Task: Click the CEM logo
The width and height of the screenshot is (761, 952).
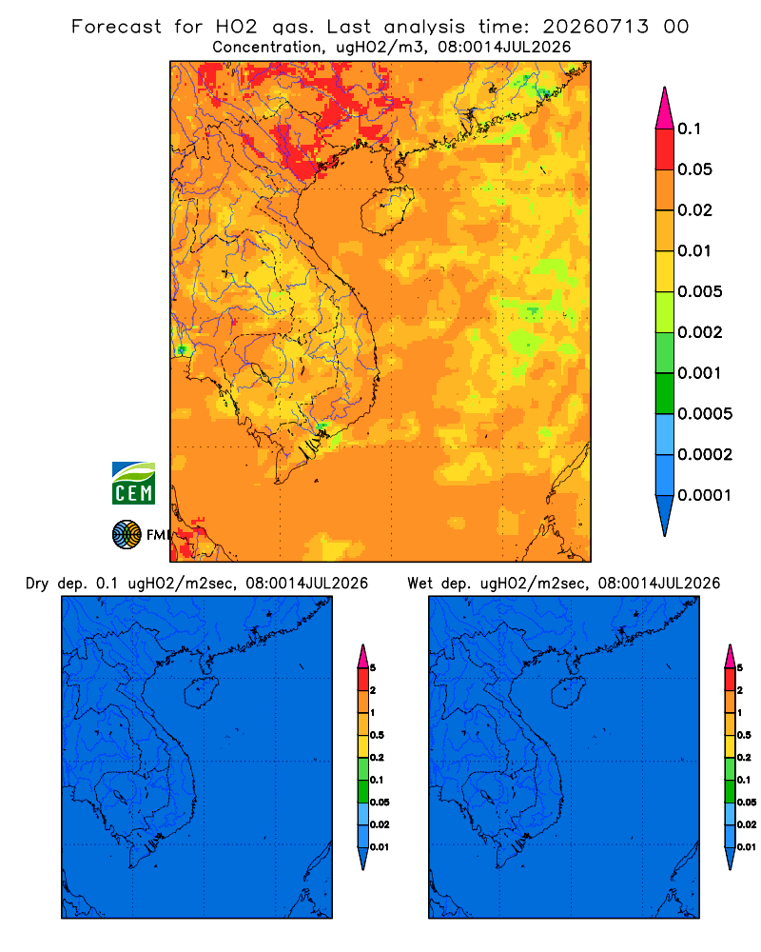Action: click(133, 483)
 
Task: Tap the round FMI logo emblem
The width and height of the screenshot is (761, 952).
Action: click(127, 534)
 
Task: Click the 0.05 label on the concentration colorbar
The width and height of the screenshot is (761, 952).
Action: click(694, 169)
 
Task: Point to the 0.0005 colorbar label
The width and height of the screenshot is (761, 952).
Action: click(705, 413)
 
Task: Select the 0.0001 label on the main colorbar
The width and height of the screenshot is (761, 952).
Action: click(705, 495)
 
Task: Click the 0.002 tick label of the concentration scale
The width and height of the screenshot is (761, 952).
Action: click(700, 332)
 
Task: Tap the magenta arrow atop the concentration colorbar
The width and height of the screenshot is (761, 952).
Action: click(665, 108)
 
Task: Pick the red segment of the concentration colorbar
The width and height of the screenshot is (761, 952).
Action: click(665, 149)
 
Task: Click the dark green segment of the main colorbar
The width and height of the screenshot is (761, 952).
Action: click(665, 393)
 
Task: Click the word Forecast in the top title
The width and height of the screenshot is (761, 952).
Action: click(116, 27)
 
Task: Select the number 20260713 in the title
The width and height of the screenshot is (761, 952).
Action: click(595, 27)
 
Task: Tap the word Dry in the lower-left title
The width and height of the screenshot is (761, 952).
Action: click(37, 584)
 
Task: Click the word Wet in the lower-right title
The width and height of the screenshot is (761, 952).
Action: click(420, 584)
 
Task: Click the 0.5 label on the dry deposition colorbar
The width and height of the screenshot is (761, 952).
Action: click(377, 735)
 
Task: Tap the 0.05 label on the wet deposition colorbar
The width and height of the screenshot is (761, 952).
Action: click(747, 802)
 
